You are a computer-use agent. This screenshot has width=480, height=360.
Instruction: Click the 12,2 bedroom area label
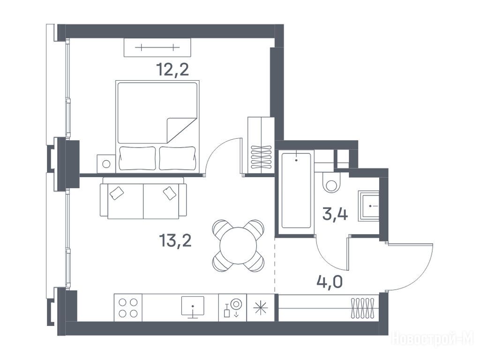[x=172, y=69]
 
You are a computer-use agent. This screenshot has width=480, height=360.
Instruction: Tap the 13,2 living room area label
[x=175, y=240]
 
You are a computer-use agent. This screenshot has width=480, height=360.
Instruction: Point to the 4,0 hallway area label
[x=330, y=281]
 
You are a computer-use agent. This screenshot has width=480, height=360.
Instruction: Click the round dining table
[x=238, y=246]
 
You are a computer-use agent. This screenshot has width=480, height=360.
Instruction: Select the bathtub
[x=296, y=190]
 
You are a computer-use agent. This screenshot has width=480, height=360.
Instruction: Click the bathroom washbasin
[x=369, y=206]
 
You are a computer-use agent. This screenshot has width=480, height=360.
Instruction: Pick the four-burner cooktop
[x=128, y=307]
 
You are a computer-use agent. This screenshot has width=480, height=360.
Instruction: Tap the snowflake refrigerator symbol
[x=261, y=307]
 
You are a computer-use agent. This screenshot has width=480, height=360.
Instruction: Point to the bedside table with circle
[x=106, y=164]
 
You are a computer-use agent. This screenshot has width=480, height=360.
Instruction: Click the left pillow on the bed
[x=137, y=158]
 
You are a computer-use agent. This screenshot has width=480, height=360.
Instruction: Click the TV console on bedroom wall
[x=157, y=47]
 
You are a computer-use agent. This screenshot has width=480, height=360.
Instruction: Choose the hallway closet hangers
[x=363, y=308]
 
